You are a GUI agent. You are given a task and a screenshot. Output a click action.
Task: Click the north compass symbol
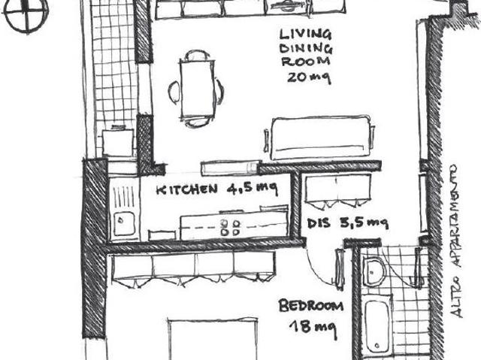(26, 15)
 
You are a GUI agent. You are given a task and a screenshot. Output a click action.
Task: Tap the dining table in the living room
(197, 89)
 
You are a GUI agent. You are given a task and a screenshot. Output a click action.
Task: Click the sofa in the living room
(319, 138)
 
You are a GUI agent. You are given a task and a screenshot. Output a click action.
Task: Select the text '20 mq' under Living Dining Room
(308, 77)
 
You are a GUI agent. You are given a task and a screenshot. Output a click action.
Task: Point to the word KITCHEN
(187, 189)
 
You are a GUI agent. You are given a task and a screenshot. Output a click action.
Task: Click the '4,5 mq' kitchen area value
(253, 189)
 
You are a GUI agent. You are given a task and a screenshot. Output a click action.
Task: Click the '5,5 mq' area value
(364, 222)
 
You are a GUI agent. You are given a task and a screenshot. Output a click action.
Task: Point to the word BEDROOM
(310, 306)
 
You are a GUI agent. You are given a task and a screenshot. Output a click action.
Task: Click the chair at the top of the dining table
(197, 56)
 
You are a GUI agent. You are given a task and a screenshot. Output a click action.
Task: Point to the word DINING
(306, 48)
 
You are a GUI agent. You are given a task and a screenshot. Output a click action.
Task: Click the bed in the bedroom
(213, 340)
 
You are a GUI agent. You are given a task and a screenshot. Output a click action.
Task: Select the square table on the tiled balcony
(118, 142)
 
